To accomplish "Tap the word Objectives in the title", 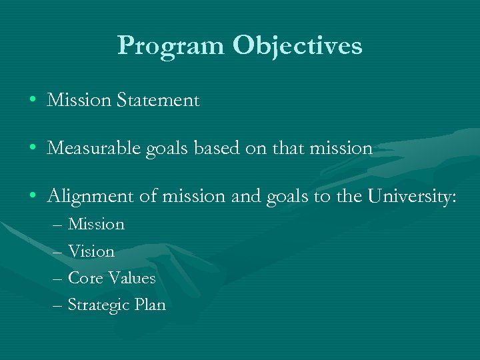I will coord(297,46).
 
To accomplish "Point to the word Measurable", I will coord(93,148).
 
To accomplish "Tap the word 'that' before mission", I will coord(285,148).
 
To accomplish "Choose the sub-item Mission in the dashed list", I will coord(97,224).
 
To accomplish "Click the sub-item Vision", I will coord(91,251).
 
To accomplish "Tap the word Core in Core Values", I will coord(84,278).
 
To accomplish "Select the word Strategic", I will coord(96,305).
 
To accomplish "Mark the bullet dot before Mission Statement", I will coord(33,101).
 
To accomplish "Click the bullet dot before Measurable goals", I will coord(33,149).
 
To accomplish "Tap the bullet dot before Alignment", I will coord(33,196).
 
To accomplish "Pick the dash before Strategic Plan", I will coord(57,305).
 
